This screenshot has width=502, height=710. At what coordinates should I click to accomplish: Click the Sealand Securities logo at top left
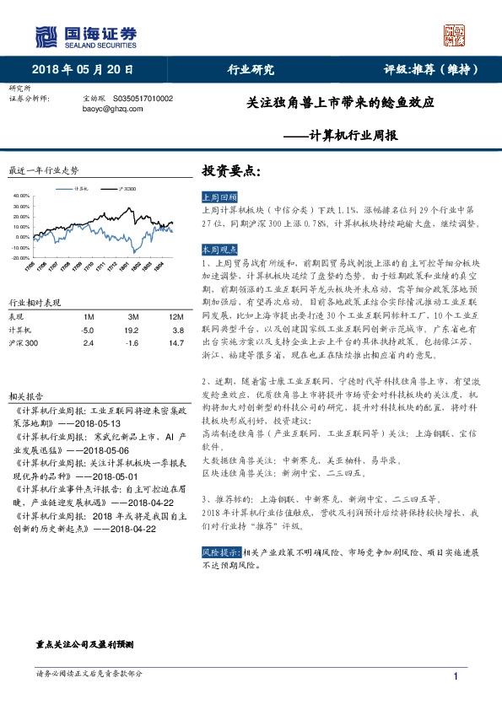coord(84,35)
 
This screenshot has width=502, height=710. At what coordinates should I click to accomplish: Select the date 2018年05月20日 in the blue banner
coord(83,69)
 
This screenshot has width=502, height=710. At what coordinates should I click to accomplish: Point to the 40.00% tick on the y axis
coord(20,195)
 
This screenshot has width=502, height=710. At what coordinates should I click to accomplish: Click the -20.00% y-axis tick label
coord(19,257)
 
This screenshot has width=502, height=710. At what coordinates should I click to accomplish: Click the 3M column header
coord(131,316)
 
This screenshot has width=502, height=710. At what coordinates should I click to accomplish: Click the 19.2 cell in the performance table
coord(131,331)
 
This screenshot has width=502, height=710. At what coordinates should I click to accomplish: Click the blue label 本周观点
coord(217,250)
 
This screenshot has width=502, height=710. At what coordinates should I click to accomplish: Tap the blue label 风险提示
coord(217,551)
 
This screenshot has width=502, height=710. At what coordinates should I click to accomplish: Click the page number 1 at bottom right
coord(456,677)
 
